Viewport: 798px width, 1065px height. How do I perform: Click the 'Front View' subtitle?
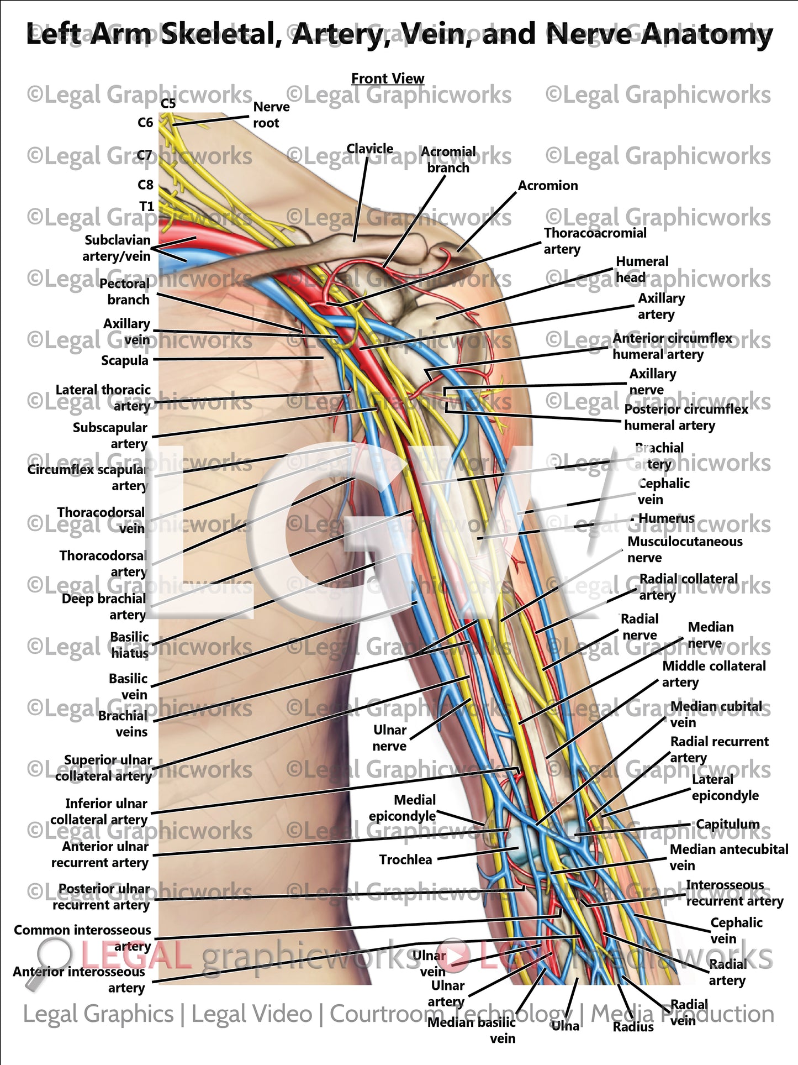click(388, 78)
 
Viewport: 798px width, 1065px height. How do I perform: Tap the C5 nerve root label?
click(168, 103)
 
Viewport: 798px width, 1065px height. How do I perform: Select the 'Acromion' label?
click(547, 186)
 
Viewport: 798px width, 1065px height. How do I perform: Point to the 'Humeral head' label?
click(642, 269)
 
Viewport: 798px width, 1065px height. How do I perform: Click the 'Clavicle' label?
click(369, 149)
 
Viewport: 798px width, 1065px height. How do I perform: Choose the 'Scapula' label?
click(124, 360)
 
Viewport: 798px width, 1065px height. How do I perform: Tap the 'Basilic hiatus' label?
click(129, 645)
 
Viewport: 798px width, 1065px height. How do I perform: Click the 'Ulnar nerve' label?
click(389, 738)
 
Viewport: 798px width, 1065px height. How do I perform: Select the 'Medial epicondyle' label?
click(403, 808)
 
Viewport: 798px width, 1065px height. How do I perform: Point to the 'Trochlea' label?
click(405, 859)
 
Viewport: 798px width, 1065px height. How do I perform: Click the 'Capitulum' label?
click(727, 824)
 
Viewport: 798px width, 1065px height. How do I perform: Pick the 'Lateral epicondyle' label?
click(725, 788)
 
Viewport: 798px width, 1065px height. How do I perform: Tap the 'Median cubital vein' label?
click(716, 714)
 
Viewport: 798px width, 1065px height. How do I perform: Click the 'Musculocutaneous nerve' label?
click(684, 549)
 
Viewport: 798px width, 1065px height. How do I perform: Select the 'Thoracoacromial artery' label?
click(594, 241)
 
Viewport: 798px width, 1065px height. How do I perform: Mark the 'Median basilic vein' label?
click(472, 1030)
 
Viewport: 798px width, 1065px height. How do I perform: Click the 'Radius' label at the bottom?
click(633, 1027)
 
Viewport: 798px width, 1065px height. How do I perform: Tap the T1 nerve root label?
click(146, 206)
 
